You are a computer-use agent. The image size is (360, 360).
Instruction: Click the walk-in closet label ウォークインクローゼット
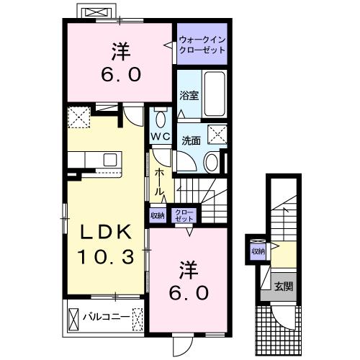202,46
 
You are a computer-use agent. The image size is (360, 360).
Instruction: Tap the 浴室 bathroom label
188,94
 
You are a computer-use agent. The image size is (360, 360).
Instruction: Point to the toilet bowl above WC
160,119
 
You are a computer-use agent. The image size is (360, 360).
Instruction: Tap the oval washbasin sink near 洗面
212,162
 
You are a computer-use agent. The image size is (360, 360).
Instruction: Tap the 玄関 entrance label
282,287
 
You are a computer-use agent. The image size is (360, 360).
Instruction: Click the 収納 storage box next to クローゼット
157,215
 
